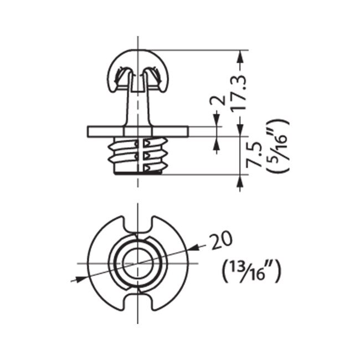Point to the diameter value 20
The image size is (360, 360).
(221, 241)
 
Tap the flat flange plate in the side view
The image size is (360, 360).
(105, 131)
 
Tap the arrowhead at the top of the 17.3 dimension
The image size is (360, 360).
(240, 55)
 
